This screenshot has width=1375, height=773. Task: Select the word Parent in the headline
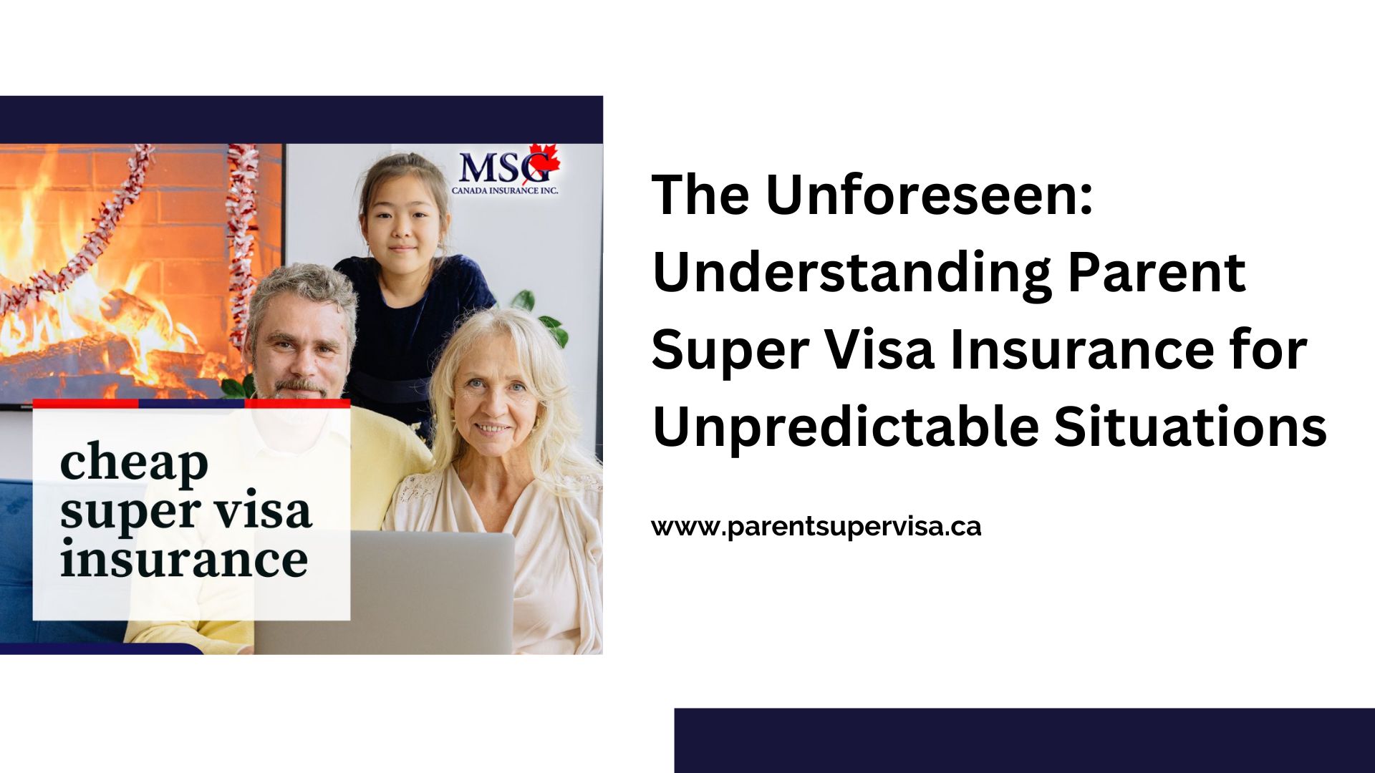1157,272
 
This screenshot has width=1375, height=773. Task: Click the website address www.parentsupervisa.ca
816,527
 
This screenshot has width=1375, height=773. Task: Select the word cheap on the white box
134,463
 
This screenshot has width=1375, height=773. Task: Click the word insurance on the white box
184,558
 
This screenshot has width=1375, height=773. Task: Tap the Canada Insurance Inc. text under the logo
505,190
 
